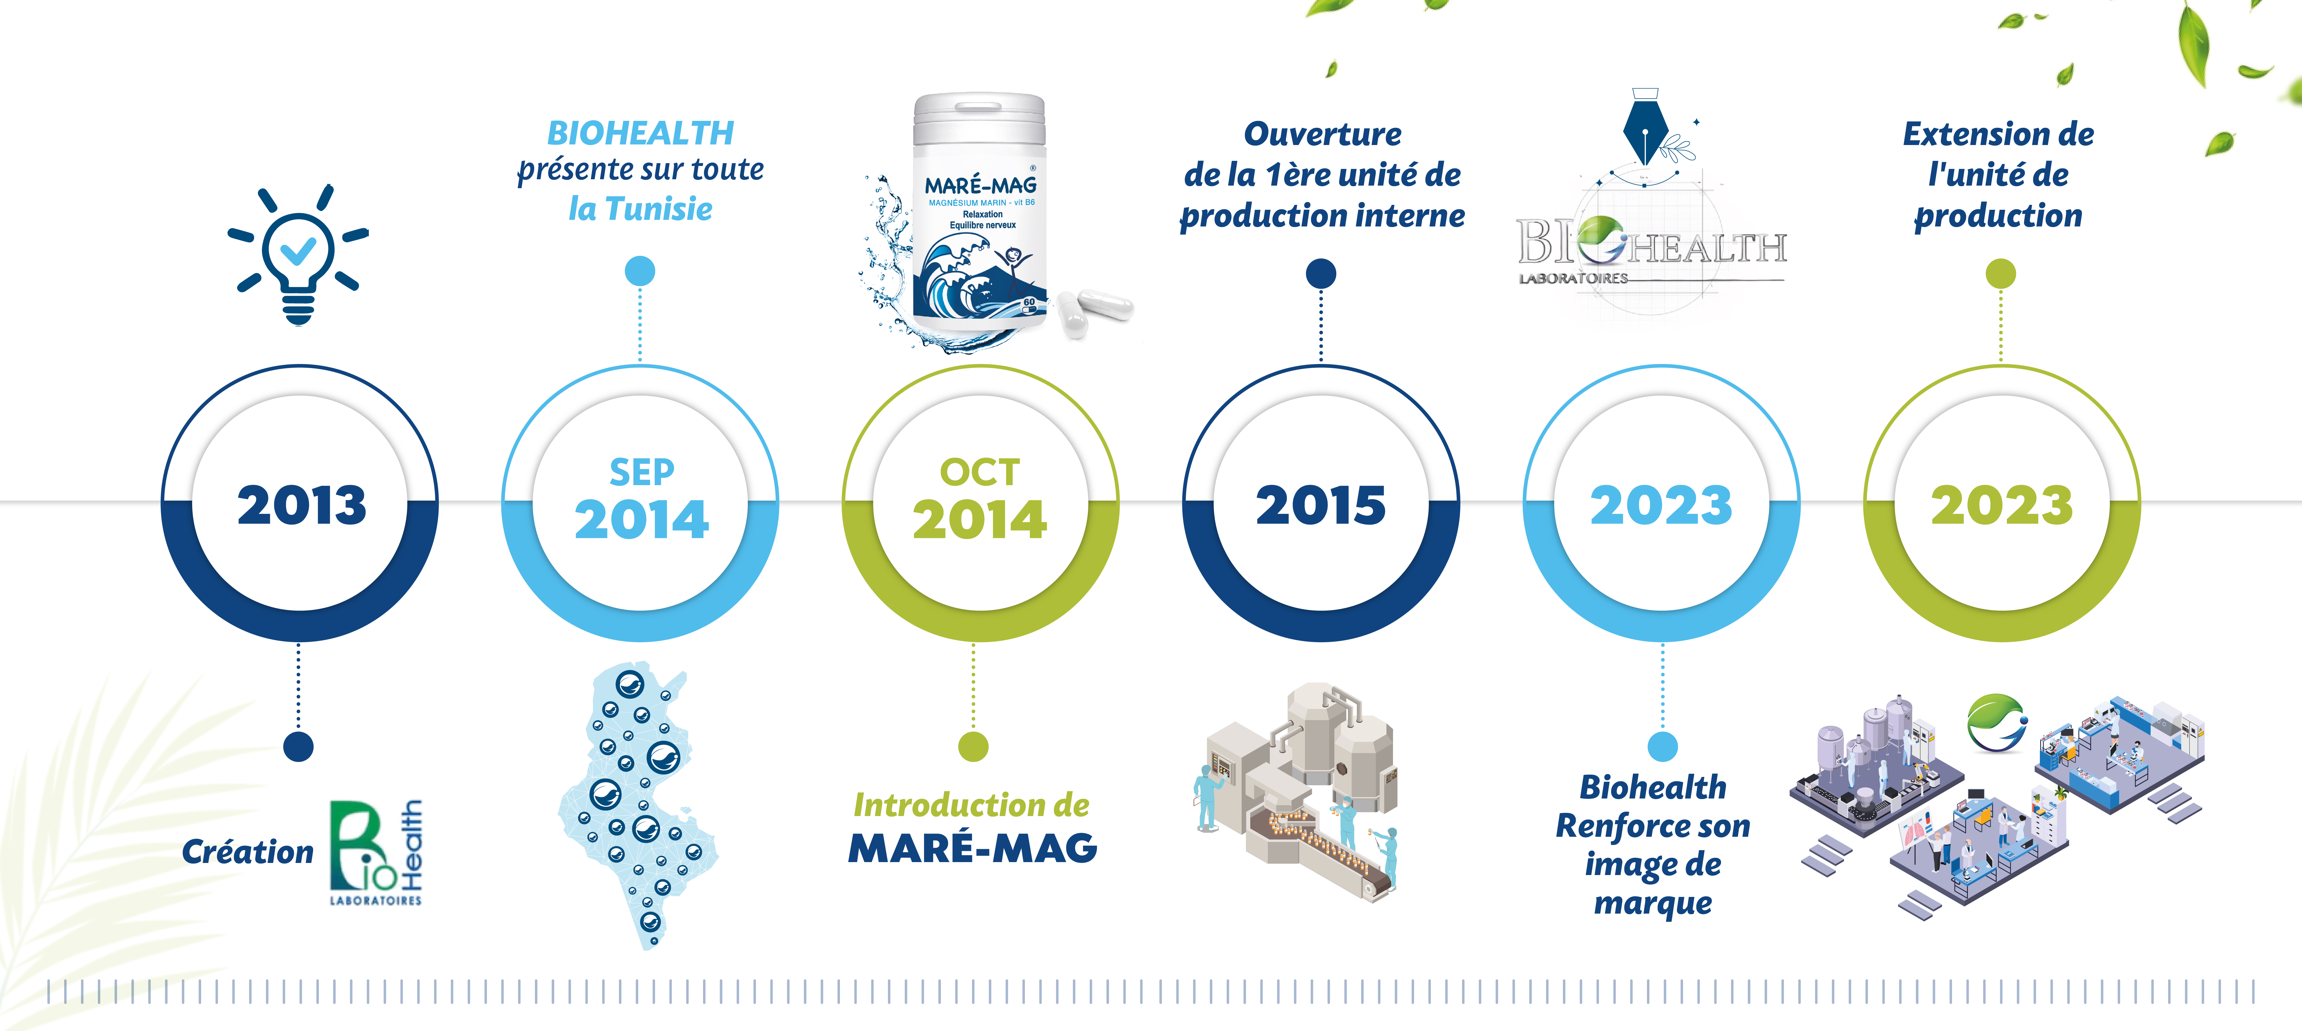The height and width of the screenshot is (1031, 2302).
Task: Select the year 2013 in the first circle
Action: [x=302, y=506]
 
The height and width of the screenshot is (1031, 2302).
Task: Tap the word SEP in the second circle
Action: [x=642, y=472]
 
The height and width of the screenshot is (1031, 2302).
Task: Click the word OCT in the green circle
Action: [x=980, y=472]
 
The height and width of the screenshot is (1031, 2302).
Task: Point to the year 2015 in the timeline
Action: [x=1321, y=506]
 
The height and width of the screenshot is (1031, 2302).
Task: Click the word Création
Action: [x=247, y=851]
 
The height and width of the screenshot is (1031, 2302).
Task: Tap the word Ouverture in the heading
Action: [x=1322, y=134]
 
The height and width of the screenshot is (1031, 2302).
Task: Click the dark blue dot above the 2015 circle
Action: [x=1321, y=273]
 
